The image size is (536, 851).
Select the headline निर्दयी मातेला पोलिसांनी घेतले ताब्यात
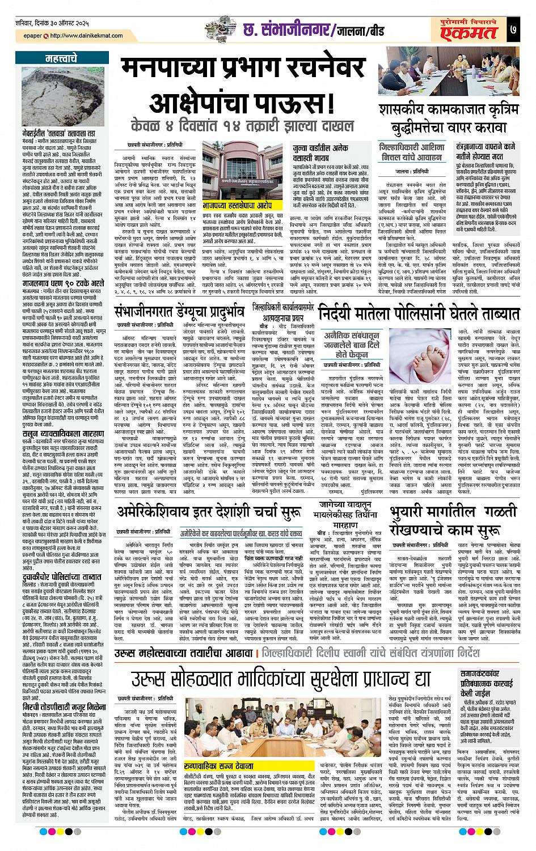click(x=419, y=314)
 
